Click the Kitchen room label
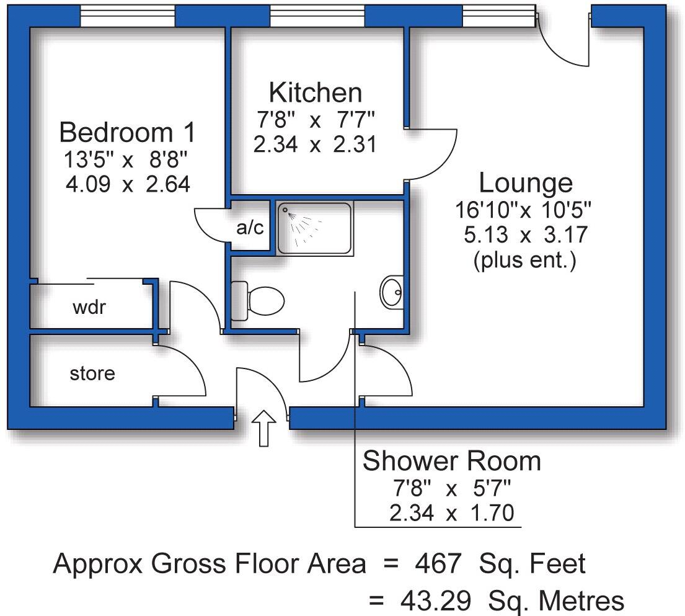[x=315, y=92]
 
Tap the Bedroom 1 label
[x=127, y=132]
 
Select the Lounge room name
[x=526, y=183]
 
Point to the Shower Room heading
[x=451, y=462]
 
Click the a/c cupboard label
[x=250, y=228]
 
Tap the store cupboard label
[x=92, y=373]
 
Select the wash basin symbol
[x=391, y=291]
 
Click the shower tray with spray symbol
[x=314, y=228]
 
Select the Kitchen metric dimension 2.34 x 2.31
[x=315, y=145]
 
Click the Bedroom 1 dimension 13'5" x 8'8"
[x=127, y=159]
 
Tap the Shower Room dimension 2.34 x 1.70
[x=451, y=514]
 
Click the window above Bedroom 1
[x=128, y=17]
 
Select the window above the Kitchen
[x=317, y=17]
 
